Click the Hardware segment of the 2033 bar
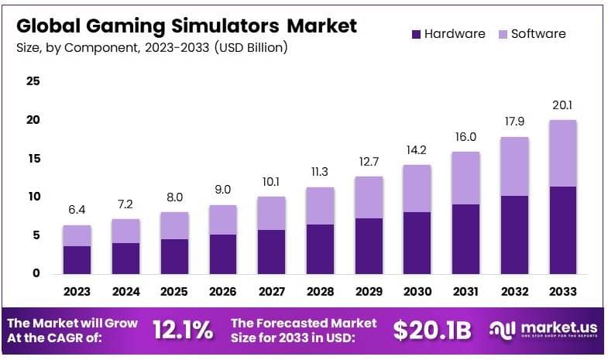tap(562, 230)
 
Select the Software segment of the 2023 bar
tap(77, 235)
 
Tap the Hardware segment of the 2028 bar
tap(320, 249)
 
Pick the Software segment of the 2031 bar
tap(465, 177)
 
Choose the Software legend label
tap(539, 34)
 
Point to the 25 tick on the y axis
tap(33, 81)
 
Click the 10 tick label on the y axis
tap(33, 197)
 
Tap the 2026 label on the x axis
tap(222, 292)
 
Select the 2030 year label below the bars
tap(417, 292)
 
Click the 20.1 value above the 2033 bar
tap(562, 105)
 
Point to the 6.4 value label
tap(77, 211)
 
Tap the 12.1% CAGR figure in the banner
tap(182, 331)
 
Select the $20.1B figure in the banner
tap(431, 331)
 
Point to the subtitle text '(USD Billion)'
tap(251, 48)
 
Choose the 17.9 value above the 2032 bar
tap(514, 122)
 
